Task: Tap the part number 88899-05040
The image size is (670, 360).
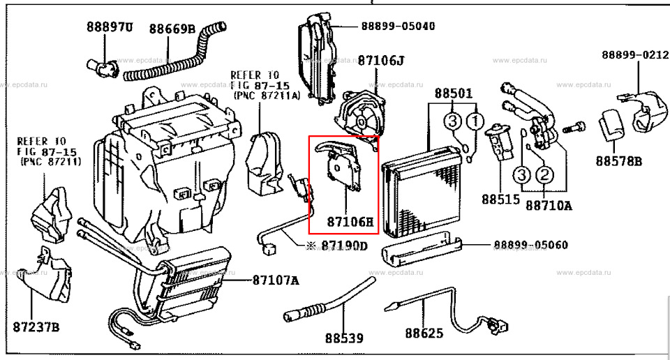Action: tap(398, 26)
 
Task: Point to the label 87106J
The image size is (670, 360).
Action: tap(381, 61)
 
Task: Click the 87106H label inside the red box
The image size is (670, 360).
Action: tap(350, 223)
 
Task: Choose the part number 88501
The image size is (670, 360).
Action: tap(454, 93)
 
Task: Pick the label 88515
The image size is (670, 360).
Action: tap(500, 199)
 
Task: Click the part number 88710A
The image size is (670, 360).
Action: tap(549, 205)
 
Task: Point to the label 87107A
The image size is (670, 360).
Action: tap(275, 280)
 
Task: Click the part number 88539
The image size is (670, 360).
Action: tap(344, 339)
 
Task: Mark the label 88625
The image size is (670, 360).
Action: tap(424, 333)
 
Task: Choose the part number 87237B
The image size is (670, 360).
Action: tap(36, 327)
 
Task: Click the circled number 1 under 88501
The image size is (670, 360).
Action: tap(474, 123)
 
